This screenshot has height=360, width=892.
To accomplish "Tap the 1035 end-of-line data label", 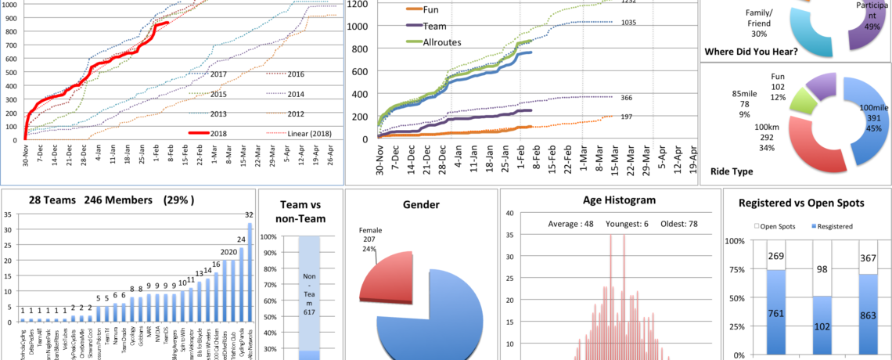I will (628, 23).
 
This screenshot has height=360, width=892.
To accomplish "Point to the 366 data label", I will (627, 98).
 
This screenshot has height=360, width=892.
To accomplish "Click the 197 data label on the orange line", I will (627, 117).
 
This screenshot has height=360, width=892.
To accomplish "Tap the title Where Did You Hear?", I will (750, 52).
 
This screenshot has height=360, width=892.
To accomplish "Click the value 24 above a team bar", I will (241, 239).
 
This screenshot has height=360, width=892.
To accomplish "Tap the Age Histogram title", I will (609, 200).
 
